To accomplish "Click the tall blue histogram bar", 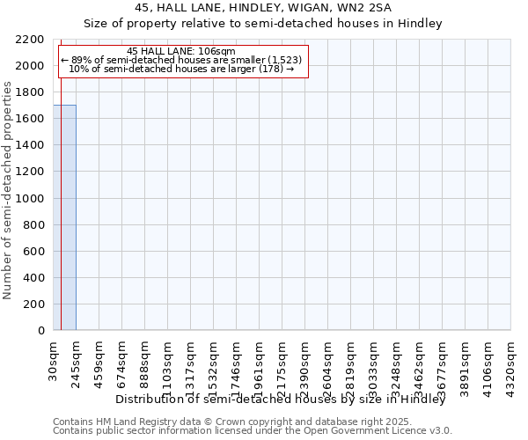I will click(x=64, y=217).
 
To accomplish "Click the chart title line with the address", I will click(x=263, y=8).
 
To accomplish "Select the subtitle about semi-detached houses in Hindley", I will click(x=263, y=24).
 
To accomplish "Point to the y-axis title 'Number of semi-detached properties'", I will click(x=8, y=190).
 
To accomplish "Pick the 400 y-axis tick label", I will click(x=35, y=277).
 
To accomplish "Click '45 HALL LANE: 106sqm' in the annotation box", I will click(x=181, y=51).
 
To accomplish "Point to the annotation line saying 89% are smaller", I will click(x=181, y=60).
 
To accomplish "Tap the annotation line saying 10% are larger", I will click(x=181, y=69).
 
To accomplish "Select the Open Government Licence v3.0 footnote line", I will click(x=253, y=431).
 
